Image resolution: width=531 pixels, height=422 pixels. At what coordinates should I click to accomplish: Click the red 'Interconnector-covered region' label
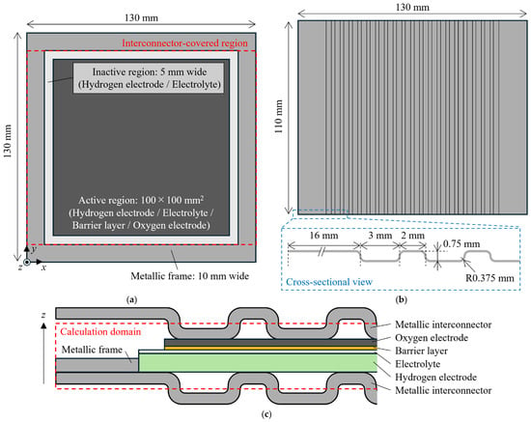(x=184, y=43)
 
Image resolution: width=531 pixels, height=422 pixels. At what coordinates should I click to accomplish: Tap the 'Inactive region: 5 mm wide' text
(x=150, y=71)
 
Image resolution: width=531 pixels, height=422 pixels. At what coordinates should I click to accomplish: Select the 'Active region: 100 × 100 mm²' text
(x=141, y=200)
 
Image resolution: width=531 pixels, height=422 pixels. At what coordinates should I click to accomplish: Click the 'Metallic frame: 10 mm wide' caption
(x=189, y=275)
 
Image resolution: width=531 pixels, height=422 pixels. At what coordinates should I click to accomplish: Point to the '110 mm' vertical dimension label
(x=278, y=117)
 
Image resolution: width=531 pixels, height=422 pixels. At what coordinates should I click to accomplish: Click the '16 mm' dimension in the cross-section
(x=323, y=235)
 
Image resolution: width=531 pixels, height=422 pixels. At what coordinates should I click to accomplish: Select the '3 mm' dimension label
(x=380, y=235)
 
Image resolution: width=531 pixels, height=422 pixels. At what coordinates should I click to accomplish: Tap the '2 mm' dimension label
(x=412, y=235)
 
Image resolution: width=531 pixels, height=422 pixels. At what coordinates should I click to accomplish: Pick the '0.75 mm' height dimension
(x=461, y=243)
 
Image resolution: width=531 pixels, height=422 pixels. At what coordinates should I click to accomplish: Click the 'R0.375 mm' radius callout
(x=489, y=278)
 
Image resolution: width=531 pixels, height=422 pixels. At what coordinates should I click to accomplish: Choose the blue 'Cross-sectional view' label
(x=329, y=282)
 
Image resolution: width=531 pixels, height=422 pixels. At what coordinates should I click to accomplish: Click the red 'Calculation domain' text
(x=100, y=331)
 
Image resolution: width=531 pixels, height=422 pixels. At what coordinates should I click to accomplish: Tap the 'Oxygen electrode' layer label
(x=432, y=338)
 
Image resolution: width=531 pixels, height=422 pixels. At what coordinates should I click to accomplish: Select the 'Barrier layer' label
(x=421, y=351)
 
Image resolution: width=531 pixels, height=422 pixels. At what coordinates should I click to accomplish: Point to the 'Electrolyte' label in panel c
(x=418, y=364)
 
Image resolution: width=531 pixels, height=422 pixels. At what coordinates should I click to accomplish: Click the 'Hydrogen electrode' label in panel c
(x=435, y=377)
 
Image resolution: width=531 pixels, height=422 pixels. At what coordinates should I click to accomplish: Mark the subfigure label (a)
(x=131, y=299)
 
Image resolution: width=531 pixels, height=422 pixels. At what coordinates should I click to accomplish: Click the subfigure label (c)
(x=266, y=414)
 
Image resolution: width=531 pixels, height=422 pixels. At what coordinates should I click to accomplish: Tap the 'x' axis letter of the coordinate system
(x=43, y=267)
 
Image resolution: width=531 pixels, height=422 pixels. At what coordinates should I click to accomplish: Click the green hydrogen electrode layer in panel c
(x=258, y=363)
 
